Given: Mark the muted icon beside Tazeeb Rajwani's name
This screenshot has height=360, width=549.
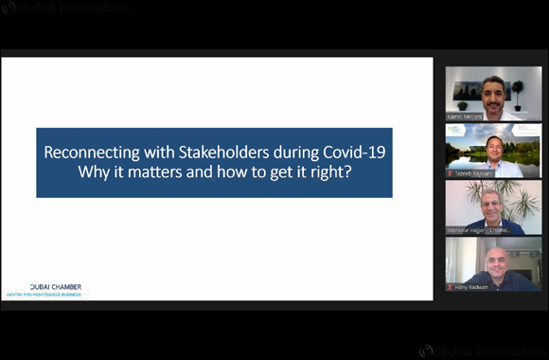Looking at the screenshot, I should (451, 173).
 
